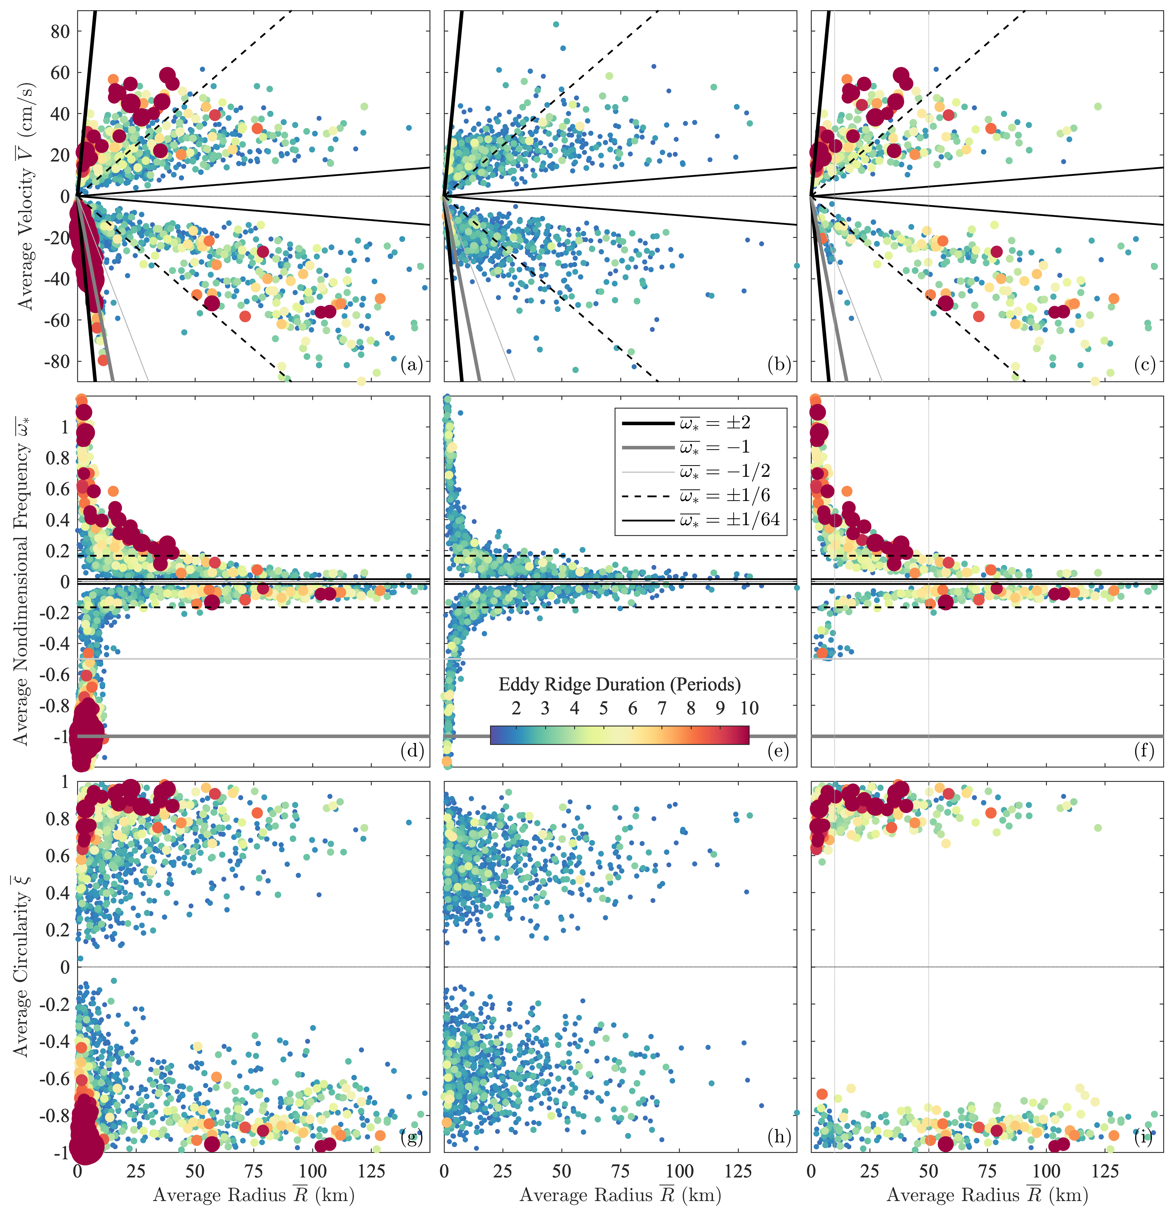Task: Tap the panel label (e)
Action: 778,751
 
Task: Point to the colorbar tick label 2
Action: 516,709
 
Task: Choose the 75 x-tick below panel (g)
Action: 254,1171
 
